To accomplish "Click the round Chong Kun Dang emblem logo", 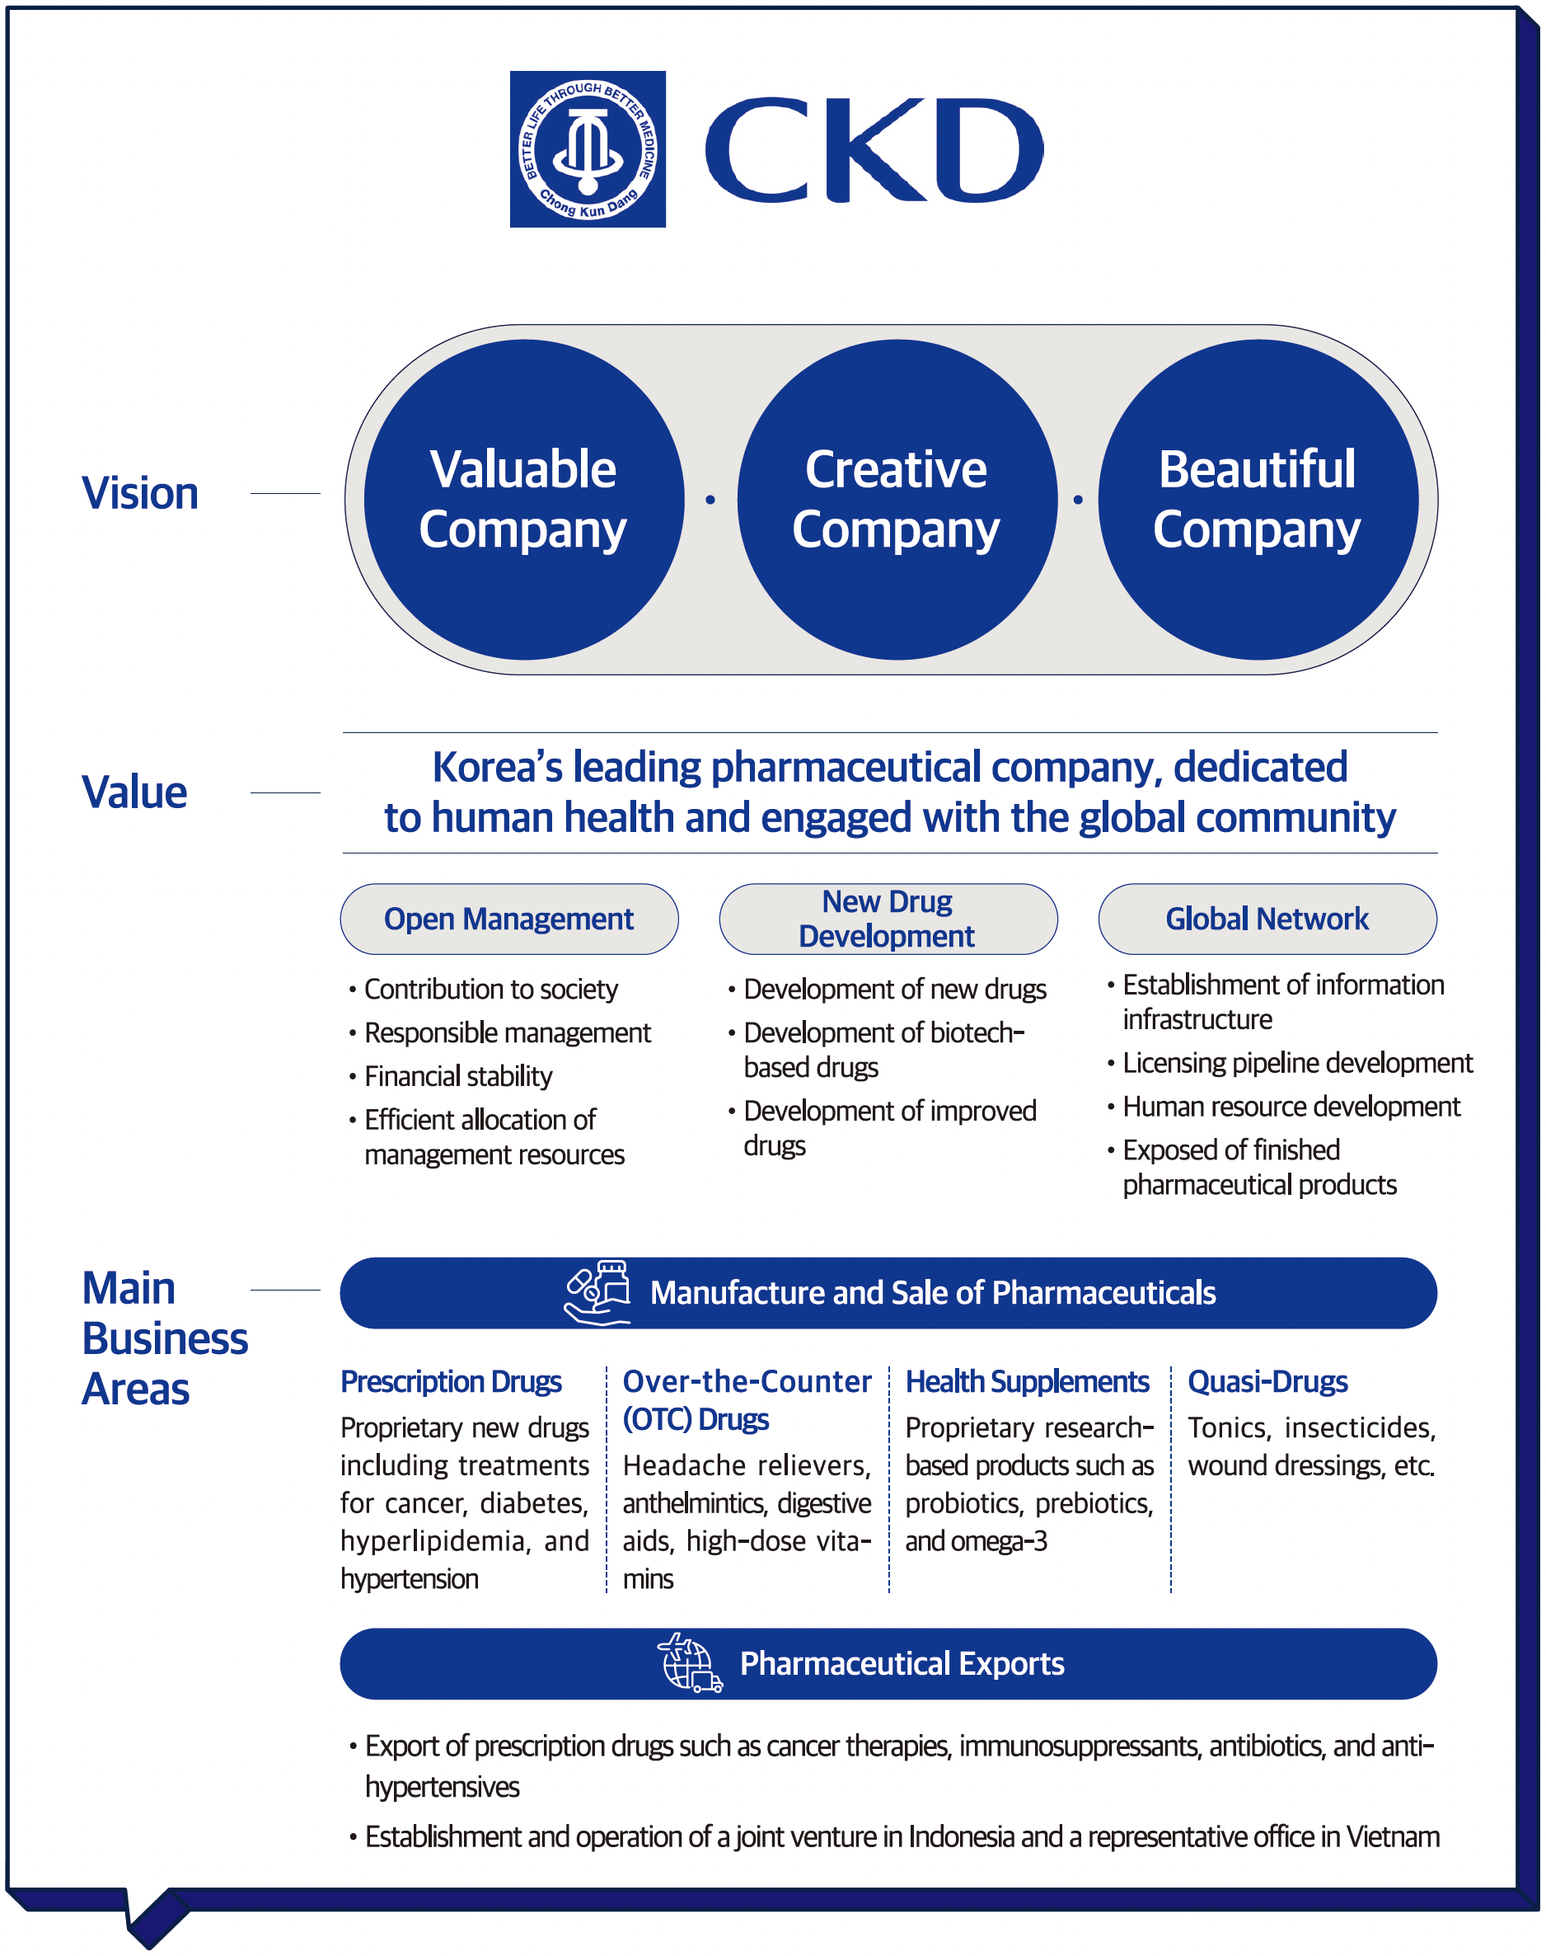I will point(588,149).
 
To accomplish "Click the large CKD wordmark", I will point(874,150).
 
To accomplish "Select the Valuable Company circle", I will point(523,499).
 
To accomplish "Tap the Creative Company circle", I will point(896,499).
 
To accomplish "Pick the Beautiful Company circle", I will point(1258,499).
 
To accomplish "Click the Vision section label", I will point(140,493).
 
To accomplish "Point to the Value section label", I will point(135,792).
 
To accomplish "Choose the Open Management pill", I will point(508,919).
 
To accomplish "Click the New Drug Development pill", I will point(887,919).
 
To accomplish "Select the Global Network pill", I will point(1267,919).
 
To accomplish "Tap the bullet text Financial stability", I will point(458,1077).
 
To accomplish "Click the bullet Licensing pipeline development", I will point(1297,1063).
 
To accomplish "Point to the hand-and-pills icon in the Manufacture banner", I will point(597,1292).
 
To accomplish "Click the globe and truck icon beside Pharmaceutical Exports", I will point(690,1663).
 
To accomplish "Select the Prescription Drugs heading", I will point(451,1382).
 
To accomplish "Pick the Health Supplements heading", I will point(1028,1382).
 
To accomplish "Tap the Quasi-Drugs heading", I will point(1267,1382).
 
